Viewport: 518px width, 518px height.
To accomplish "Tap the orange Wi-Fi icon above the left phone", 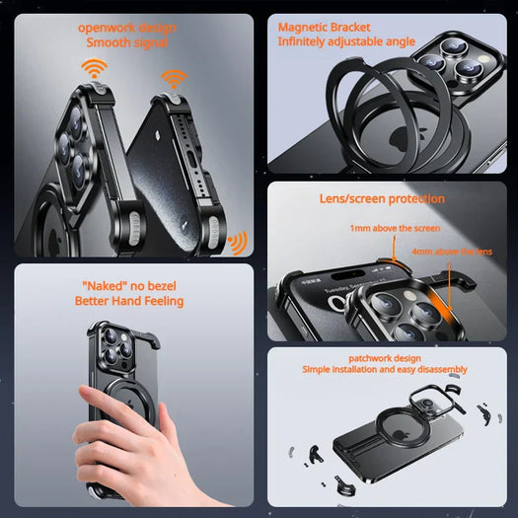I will click(95, 68).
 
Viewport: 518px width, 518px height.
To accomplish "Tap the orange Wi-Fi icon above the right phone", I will click(174, 78).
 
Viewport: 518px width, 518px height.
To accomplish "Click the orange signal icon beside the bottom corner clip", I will click(237, 242).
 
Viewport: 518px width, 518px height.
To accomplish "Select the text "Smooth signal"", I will click(127, 43).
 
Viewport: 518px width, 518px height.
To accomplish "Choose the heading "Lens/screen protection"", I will click(382, 198).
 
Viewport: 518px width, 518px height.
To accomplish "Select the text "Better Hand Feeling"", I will click(129, 301).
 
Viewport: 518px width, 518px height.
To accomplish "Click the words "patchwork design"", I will click(385, 357).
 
